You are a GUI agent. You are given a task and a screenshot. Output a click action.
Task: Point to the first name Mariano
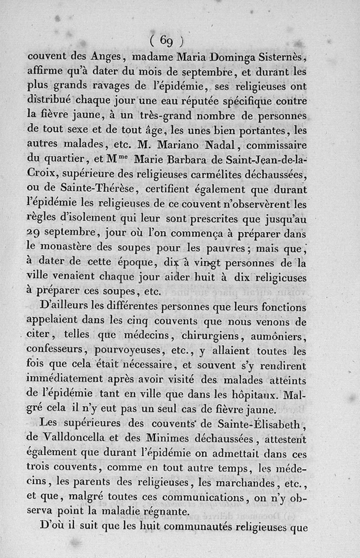pyautogui.click(x=194, y=145)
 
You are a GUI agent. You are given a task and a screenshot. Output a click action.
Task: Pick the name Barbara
pyautogui.click(x=180, y=160)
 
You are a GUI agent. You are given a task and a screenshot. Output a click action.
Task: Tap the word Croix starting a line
pyautogui.click(x=42, y=175)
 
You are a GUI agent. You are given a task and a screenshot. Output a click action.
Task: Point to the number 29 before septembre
pyautogui.click(x=34, y=234)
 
